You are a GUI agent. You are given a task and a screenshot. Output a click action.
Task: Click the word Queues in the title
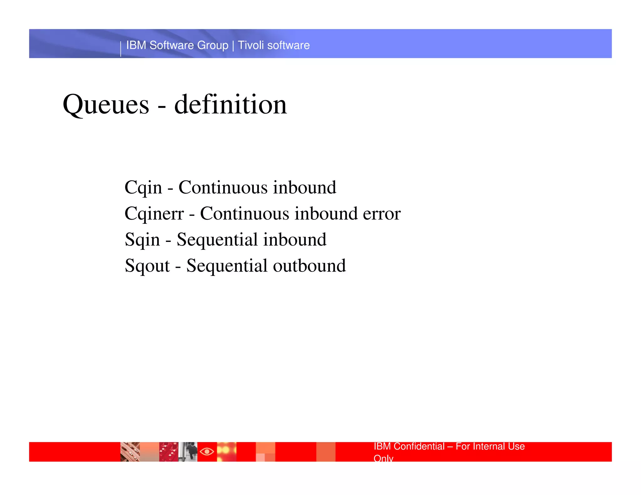(106, 105)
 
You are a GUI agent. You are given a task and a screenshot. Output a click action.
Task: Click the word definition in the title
(230, 105)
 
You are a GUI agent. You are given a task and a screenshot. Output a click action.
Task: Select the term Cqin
(143, 188)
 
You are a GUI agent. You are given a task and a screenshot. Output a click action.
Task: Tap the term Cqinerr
(154, 214)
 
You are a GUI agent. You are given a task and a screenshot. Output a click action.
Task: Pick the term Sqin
(142, 240)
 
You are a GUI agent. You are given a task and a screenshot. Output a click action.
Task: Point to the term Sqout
(147, 266)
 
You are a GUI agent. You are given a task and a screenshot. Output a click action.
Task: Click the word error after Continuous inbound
(382, 214)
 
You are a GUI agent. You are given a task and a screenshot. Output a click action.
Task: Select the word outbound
(309, 266)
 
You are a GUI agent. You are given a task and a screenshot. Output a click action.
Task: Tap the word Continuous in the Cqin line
(223, 188)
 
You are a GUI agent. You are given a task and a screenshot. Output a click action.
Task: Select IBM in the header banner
(136, 45)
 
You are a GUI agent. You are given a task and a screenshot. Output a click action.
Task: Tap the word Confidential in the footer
(419, 446)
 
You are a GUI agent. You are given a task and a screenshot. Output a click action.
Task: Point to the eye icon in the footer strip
(207, 452)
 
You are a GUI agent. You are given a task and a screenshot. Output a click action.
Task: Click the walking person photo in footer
(188, 452)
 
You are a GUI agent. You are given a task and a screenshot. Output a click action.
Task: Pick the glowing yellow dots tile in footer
(226, 452)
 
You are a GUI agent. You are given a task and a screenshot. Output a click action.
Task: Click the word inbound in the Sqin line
(295, 240)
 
